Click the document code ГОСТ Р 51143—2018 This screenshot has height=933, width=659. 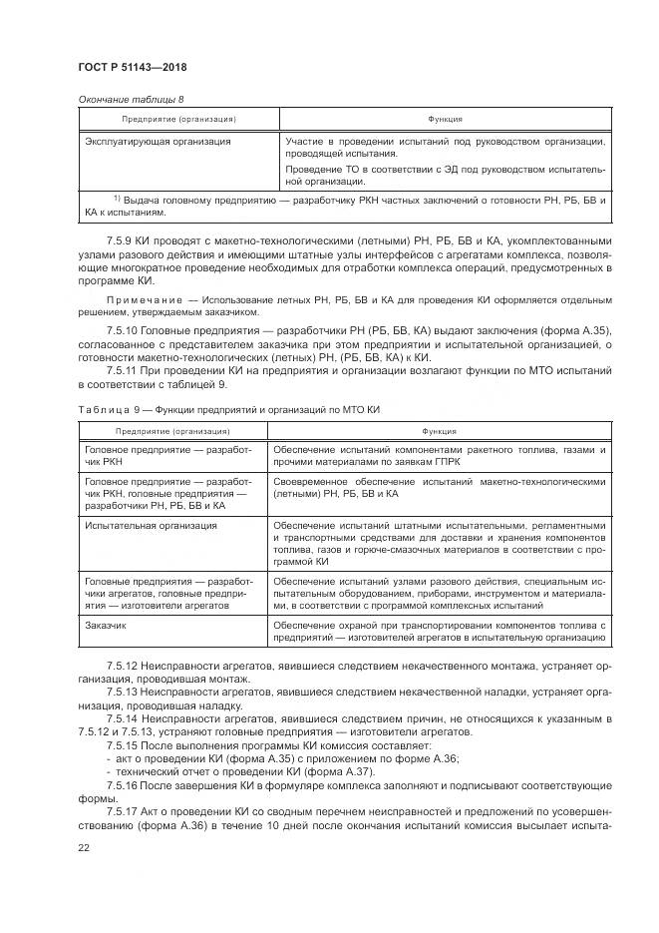click(x=132, y=67)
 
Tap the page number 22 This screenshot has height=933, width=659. click(x=83, y=846)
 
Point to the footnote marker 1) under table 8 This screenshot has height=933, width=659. click(x=117, y=199)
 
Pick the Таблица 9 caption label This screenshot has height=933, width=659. click(x=105, y=410)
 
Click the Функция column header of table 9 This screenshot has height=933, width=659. click(x=439, y=431)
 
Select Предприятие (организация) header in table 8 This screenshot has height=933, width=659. click(x=178, y=119)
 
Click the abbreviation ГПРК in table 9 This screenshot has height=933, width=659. click(x=464, y=463)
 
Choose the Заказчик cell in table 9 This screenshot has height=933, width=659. click(x=109, y=625)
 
